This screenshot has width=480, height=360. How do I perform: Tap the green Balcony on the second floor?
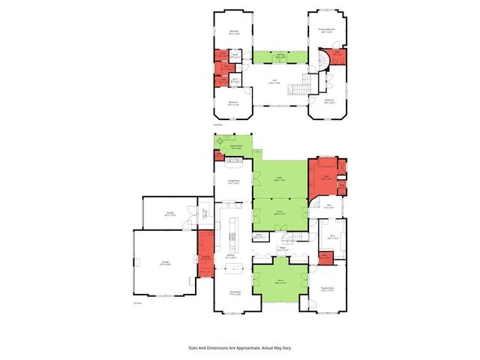[279, 57]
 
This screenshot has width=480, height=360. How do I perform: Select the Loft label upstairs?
[276, 82]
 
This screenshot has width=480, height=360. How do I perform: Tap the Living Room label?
[232, 181]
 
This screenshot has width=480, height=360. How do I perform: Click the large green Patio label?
[279, 178]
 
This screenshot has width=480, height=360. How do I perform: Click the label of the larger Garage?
[163, 262]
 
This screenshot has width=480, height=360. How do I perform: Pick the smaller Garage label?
[170, 214]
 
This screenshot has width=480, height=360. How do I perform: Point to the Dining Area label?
[233, 294]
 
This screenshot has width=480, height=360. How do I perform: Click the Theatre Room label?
[327, 288]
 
